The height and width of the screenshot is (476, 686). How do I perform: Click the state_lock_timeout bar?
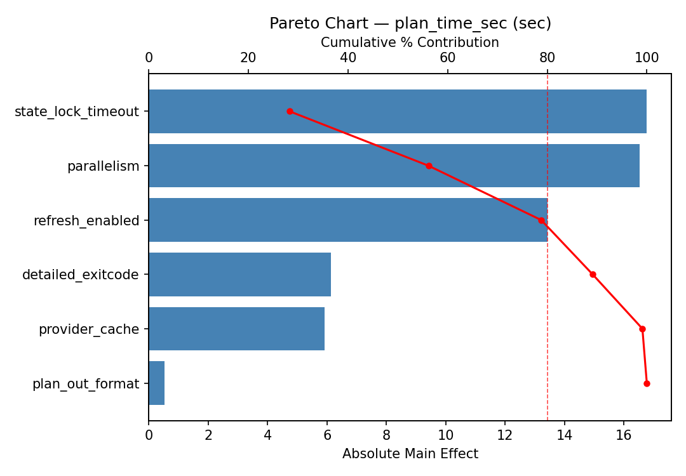(397, 111)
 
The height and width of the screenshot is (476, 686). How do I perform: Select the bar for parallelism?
(394, 166)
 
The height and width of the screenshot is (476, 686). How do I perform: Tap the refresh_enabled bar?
(347, 220)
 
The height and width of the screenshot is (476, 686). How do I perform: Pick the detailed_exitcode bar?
(239, 274)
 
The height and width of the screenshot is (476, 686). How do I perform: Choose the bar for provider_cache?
(236, 329)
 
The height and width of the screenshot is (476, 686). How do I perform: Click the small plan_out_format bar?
(156, 383)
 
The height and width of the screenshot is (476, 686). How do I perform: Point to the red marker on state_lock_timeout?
(290, 111)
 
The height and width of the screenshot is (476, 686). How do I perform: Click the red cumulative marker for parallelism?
(429, 166)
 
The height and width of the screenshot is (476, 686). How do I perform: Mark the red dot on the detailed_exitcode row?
(593, 274)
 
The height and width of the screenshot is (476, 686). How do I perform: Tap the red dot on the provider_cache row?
(642, 329)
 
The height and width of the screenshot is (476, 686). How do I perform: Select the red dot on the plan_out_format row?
(647, 383)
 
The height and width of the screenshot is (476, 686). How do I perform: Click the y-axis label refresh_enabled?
(86, 221)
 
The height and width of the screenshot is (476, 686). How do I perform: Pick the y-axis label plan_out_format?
(86, 384)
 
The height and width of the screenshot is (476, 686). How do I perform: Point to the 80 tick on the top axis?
(548, 58)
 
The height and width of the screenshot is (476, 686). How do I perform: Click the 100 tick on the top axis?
(647, 58)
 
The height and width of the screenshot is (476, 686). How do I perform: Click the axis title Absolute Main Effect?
(410, 454)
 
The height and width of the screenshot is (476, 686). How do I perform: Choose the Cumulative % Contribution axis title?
(410, 43)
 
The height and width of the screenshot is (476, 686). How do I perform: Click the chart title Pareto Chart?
(410, 23)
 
